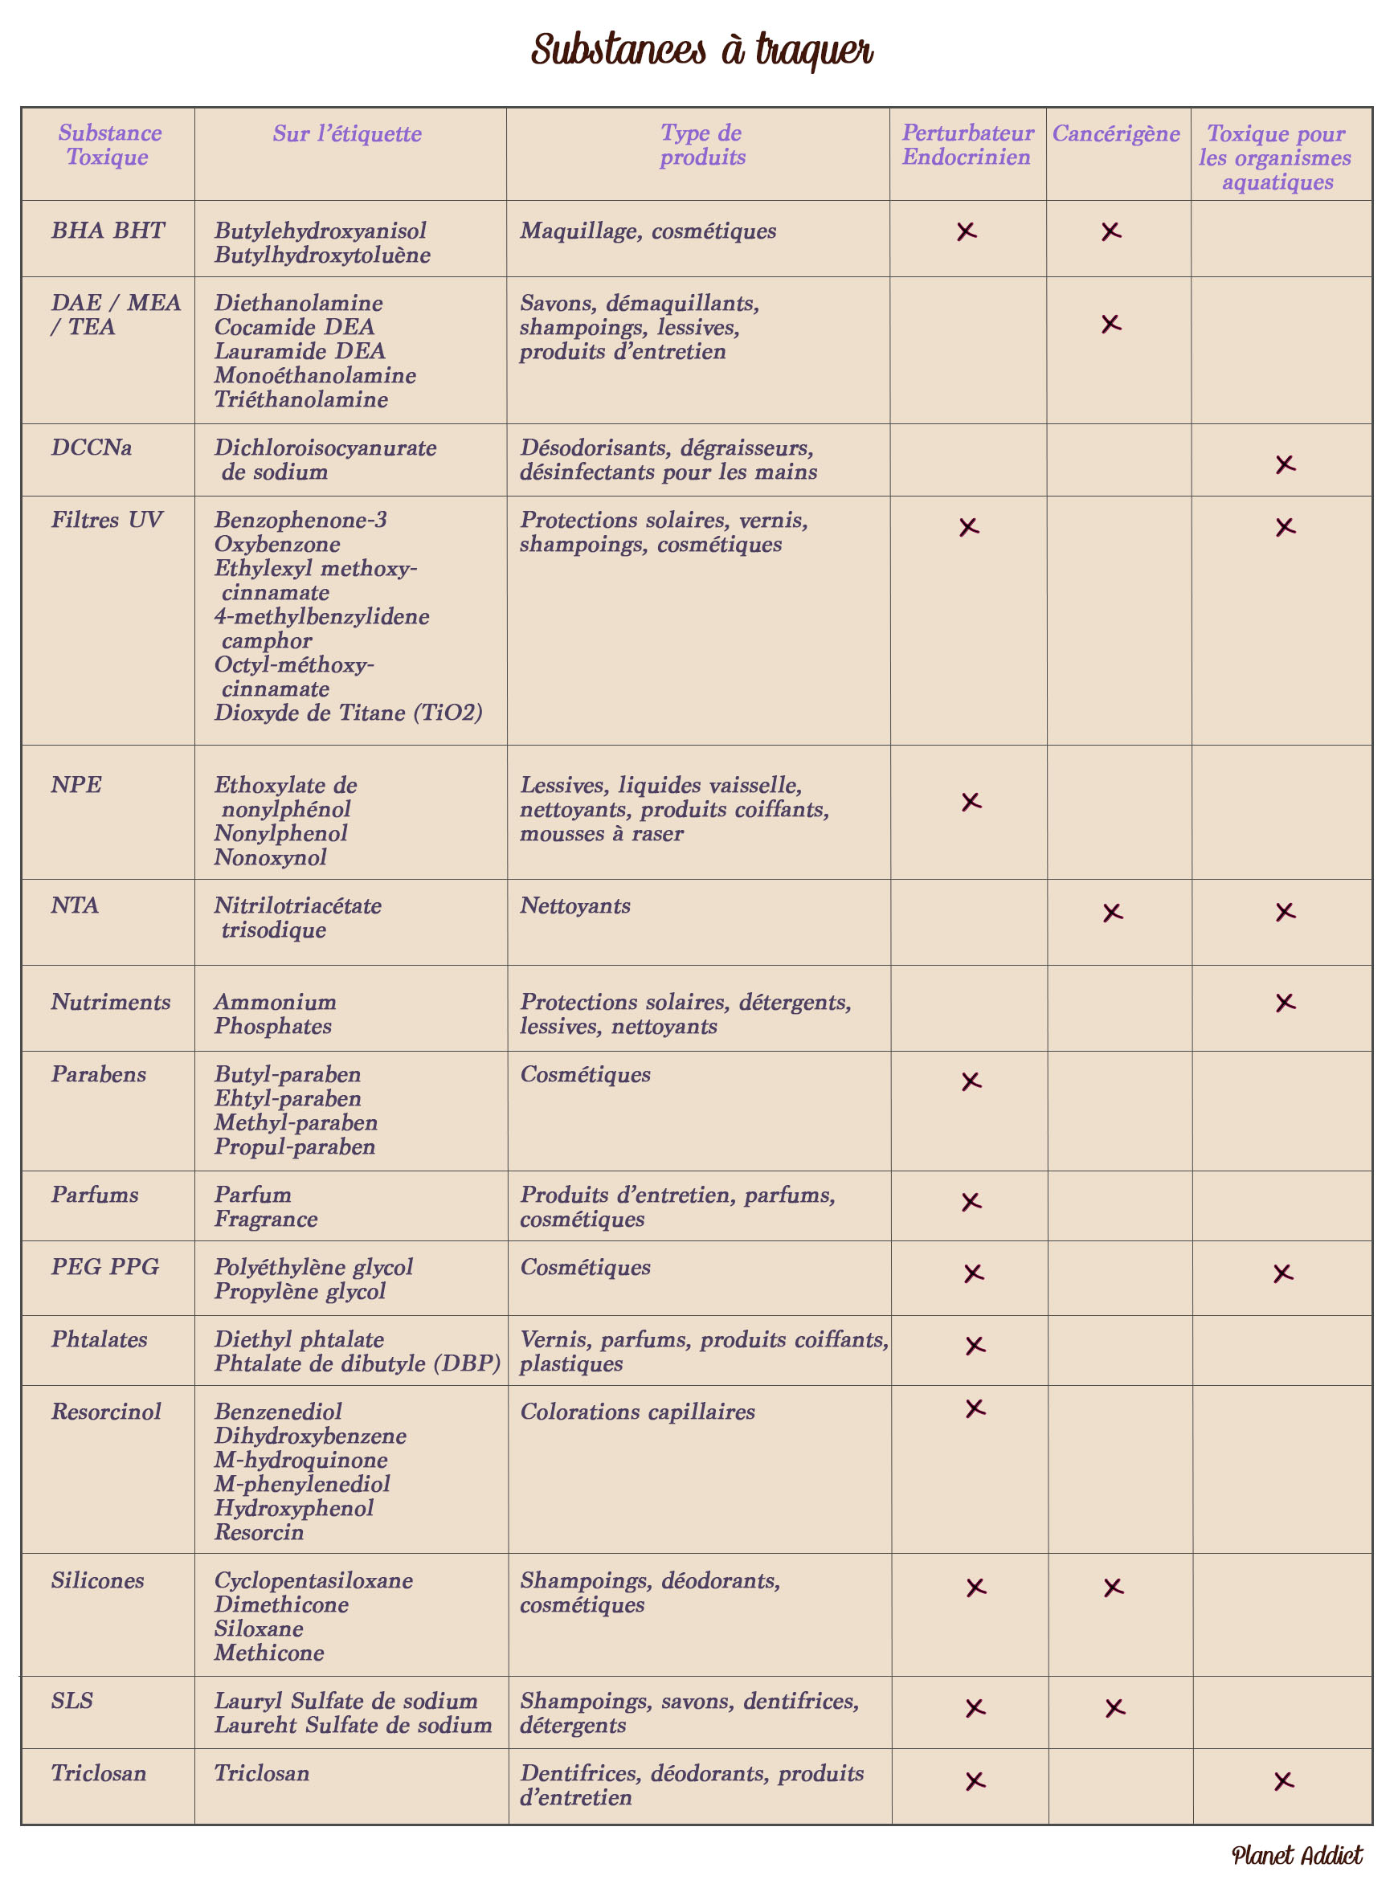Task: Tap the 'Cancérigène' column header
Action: (1115, 133)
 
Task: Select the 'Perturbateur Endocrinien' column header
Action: (967, 145)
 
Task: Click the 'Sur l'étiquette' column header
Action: (347, 133)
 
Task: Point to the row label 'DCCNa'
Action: (92, 447)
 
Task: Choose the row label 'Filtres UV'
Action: (107, 520)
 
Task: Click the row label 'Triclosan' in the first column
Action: (98, 1772)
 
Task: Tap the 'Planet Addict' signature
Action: (1297, 1855)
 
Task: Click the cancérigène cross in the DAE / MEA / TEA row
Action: (1111, 323)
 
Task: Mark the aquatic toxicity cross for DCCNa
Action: (1285, 464)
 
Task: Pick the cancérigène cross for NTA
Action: (1112, 912)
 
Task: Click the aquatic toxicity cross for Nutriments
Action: (1285, 1003)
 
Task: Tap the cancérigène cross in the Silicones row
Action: (1113, 1587)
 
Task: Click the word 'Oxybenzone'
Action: (276, 544)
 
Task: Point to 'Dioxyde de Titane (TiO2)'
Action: (348, 713)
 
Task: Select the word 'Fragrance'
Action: (266, 1219)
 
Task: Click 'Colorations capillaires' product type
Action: (637, 1412)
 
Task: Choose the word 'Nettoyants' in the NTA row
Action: (574, 905)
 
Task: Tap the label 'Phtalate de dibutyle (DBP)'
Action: (357, 1363)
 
